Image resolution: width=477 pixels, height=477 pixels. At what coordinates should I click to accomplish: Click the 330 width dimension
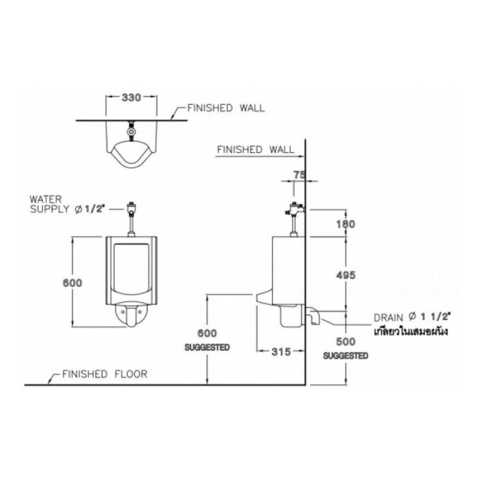click(131, 98)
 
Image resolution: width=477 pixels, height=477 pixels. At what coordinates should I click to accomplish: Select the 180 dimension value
click(345, 224)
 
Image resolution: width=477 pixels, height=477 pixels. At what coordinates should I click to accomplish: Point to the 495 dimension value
click(345, 275)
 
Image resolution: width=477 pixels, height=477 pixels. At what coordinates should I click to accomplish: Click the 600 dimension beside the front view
click(73, 282)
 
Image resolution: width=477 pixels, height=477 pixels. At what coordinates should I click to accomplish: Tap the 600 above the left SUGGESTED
click(207, 333)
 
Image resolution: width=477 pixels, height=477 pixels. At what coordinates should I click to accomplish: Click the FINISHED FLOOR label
click(104, 374)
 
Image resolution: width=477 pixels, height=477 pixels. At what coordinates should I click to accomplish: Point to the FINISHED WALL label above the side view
click(255, 150)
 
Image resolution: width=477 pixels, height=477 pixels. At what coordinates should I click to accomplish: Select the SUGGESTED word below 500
click(346, 356)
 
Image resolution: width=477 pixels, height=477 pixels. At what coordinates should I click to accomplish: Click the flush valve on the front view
click(130, 207)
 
